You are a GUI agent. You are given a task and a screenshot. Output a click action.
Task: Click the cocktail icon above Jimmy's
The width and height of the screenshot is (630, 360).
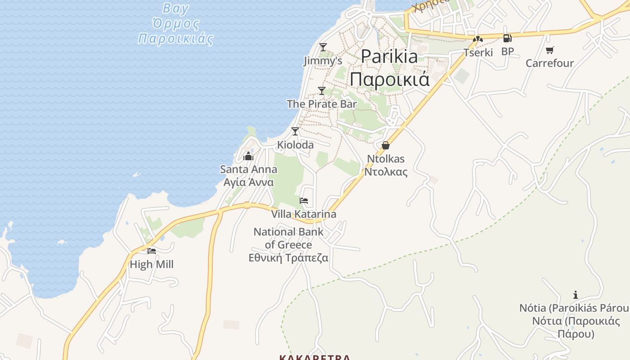323,47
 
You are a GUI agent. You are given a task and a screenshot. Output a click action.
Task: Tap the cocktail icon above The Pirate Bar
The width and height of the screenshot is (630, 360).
321,90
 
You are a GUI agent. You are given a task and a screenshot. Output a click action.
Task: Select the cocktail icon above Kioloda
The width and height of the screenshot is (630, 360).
295,131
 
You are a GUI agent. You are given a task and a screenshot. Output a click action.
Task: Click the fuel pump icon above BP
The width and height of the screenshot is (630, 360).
507,39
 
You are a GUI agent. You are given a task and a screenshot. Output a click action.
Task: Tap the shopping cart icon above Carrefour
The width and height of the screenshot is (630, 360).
549,50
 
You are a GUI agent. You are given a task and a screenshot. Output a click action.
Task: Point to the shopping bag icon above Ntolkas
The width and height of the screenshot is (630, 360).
385,145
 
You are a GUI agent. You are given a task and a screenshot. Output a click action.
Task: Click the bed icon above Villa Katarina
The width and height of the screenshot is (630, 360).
304,201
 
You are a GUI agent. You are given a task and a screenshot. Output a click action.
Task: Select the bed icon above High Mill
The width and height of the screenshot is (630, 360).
151,251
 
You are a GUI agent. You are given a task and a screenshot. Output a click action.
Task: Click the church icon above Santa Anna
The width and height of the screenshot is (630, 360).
248,157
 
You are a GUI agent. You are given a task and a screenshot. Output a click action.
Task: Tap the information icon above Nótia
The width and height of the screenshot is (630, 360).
575,295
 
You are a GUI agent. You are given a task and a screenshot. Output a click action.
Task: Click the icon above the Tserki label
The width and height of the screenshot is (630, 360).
478,40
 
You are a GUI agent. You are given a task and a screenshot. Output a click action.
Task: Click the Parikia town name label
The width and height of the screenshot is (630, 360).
389,57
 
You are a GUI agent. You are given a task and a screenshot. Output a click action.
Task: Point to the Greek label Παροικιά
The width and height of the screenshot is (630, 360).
390,79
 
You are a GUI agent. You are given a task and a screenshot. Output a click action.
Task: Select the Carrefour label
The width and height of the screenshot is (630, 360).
549,63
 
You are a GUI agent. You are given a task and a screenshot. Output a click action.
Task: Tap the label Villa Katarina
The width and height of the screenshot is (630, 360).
303,214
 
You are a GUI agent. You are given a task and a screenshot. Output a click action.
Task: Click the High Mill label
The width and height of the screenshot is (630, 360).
151,265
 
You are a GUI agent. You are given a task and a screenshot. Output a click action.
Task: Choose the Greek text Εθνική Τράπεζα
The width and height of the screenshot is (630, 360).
288,258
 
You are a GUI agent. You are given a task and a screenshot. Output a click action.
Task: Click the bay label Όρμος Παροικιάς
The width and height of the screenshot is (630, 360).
175,31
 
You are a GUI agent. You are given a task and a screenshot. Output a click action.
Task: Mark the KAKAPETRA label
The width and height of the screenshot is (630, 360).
315,358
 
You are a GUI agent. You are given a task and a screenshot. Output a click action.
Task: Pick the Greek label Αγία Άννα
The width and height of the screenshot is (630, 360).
248,182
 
